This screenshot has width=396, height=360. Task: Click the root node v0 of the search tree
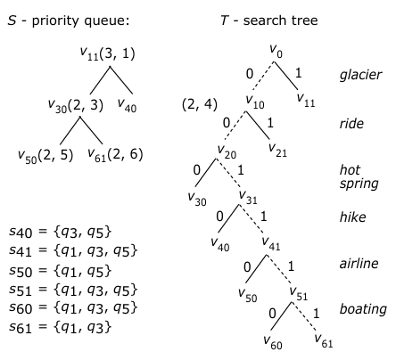coord(276,51)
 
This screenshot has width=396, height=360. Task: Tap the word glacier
coord(360,75)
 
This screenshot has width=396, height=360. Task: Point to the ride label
coord(351,123)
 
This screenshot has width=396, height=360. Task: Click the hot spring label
coord(359,176)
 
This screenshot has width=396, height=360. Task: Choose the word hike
coord(352,217)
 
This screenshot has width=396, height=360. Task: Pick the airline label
coord(359,263)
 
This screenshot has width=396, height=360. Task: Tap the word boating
coord(363,309)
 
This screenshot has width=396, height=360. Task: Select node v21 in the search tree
coord(277,150)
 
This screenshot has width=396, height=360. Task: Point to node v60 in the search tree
coord(273,342)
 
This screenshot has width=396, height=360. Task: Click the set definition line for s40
coord(60,232)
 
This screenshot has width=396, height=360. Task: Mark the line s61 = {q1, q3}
coord(60,327)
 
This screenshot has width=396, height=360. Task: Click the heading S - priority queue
coord(69,20)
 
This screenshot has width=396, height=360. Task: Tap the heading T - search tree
coord(269,20)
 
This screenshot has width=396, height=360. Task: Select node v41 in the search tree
coord(271,243)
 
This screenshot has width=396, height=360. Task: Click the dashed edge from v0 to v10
coord(261,77)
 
